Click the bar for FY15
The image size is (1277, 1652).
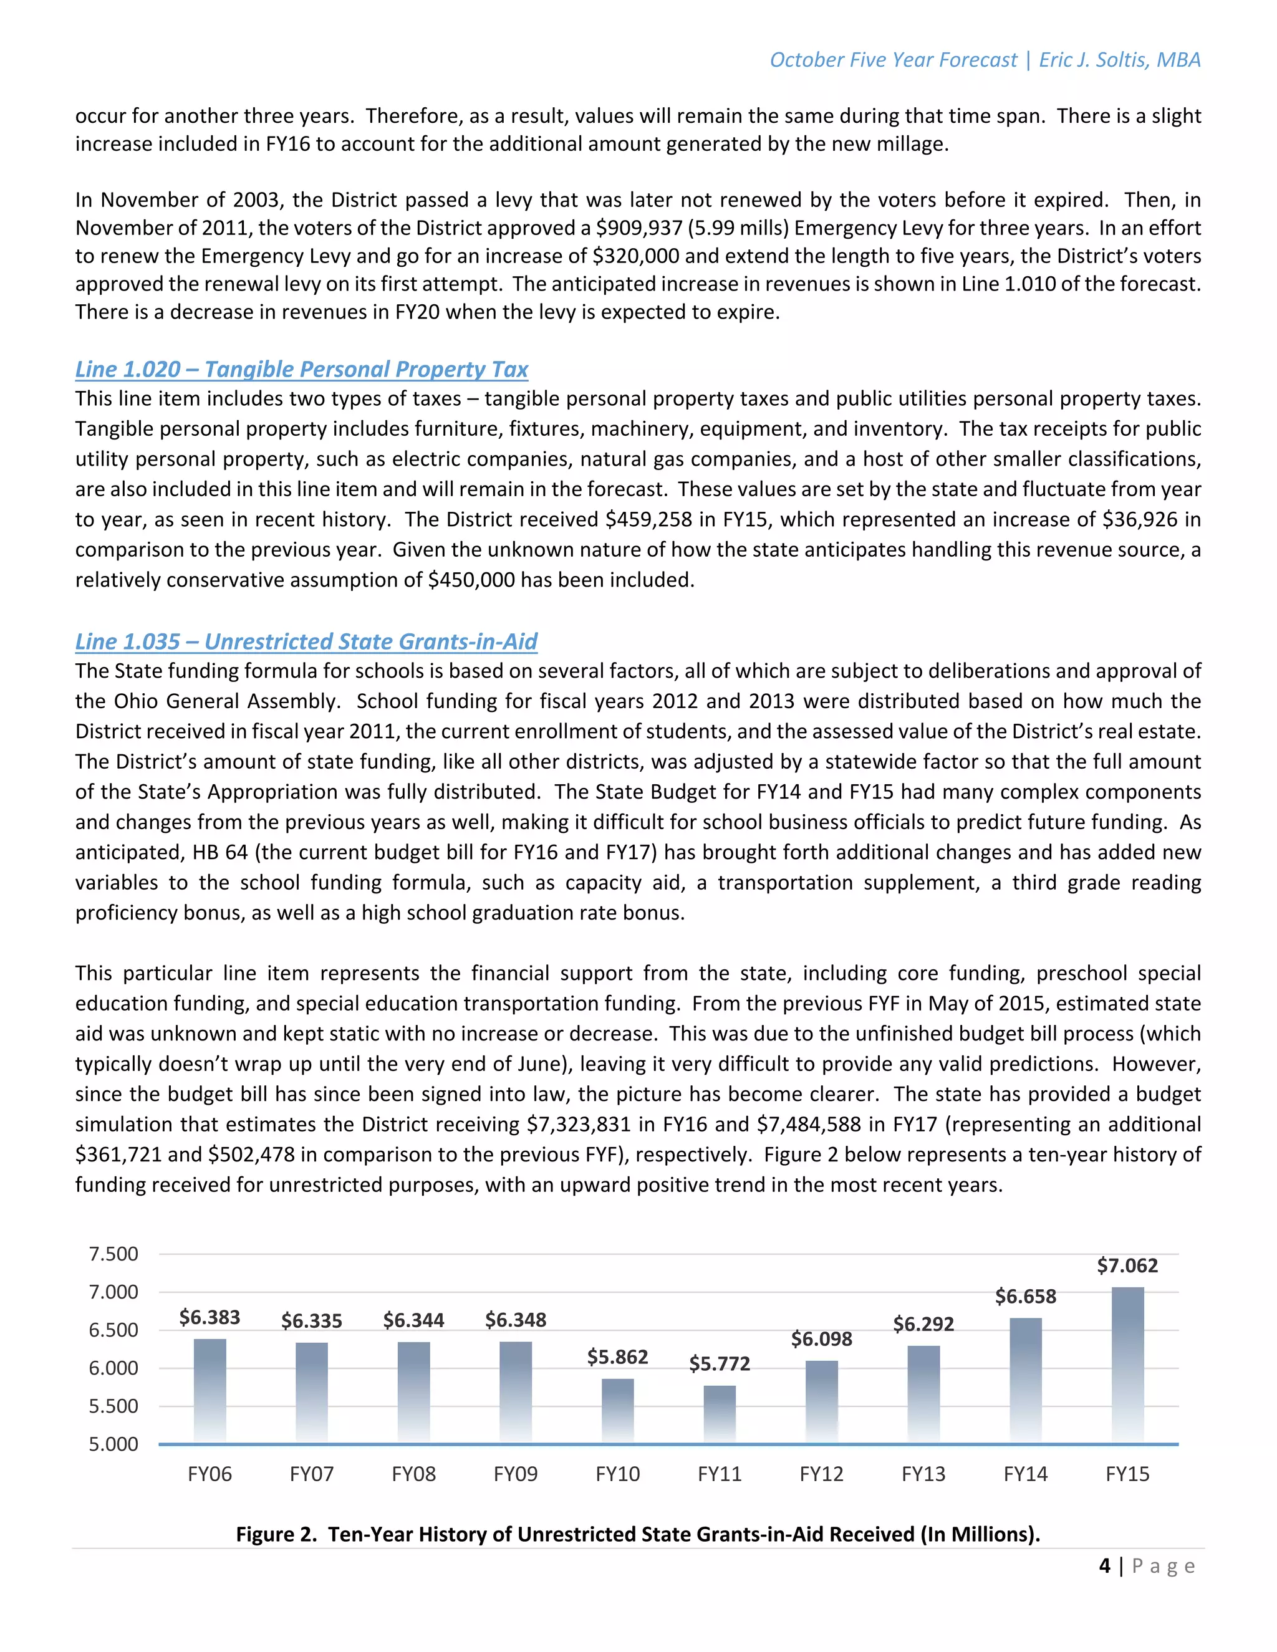tap(1127, 1365)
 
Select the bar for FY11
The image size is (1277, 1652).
tap(720, 1414)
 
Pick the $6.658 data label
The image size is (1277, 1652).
tap(1025, 1297)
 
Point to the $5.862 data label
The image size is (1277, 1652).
tap(617, 1357)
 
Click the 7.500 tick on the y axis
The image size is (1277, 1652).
tap(113, 1254)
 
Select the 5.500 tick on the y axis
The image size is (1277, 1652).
tap(113, 1406)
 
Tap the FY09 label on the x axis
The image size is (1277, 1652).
tap(515, 1474)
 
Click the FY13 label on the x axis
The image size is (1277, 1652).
tap(923, 1474)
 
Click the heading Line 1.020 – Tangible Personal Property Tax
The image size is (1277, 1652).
tap(301, 369)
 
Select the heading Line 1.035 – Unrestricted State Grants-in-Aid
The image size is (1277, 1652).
tap(306, 641)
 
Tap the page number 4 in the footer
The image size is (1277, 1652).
tap(1104, 1566)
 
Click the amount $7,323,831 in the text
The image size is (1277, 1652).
tap(578, 1125)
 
